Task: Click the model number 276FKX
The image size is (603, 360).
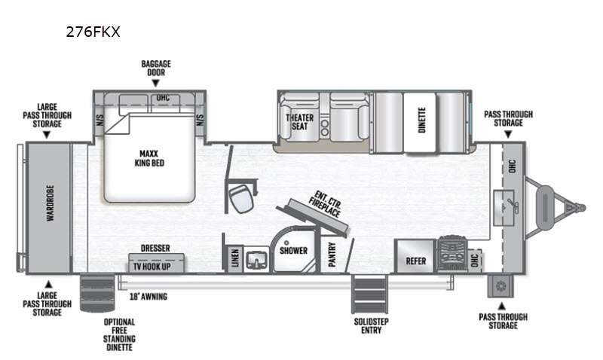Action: coord(93,32)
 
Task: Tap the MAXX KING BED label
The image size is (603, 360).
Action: coord(149,158)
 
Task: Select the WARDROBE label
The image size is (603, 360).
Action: coord(50,203)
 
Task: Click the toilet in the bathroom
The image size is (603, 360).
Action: coord(241,197)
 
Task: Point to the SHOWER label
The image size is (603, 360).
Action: coord(293,251)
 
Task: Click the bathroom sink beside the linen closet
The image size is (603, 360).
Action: coord(256,259)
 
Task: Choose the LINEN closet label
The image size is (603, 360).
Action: coord(235,258)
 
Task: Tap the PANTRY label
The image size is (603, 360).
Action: coord(332,255)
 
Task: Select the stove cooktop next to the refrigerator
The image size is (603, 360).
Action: coord(452,253)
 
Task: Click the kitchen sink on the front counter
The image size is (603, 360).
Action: coord(504,207)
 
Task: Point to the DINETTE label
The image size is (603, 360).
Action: coord(422,120)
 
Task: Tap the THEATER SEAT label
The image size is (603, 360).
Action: coord(299,122)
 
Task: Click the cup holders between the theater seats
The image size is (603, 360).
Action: coord(325,128)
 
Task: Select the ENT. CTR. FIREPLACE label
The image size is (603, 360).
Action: coord(325,204)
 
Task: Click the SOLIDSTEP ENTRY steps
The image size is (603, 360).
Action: coord(369,294)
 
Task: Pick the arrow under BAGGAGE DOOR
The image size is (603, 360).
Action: coord(155,84)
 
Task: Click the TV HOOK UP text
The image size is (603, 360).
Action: coord(152,267)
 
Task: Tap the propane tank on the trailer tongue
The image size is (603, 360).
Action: coord(545,207)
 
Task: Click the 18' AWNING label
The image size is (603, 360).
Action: coord(148,297)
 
